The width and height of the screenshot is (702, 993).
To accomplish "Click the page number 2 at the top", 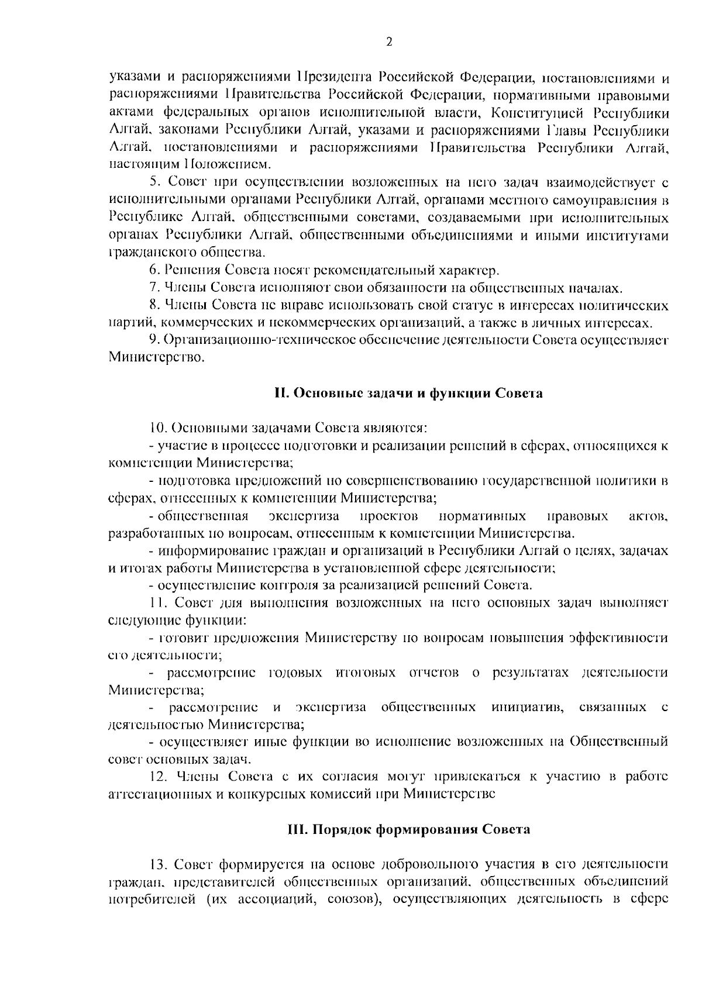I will [x=389, y=42].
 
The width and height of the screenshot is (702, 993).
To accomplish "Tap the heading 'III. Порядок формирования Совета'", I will [x=408, y=829].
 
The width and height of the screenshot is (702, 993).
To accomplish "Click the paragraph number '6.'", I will [x=154, y=270].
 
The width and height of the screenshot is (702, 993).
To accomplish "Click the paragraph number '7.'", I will [x=154, y=288].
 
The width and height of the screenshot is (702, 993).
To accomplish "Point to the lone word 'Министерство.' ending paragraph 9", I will [x=157, y=357].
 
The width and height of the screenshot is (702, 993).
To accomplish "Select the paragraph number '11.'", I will [x=157, y=603].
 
